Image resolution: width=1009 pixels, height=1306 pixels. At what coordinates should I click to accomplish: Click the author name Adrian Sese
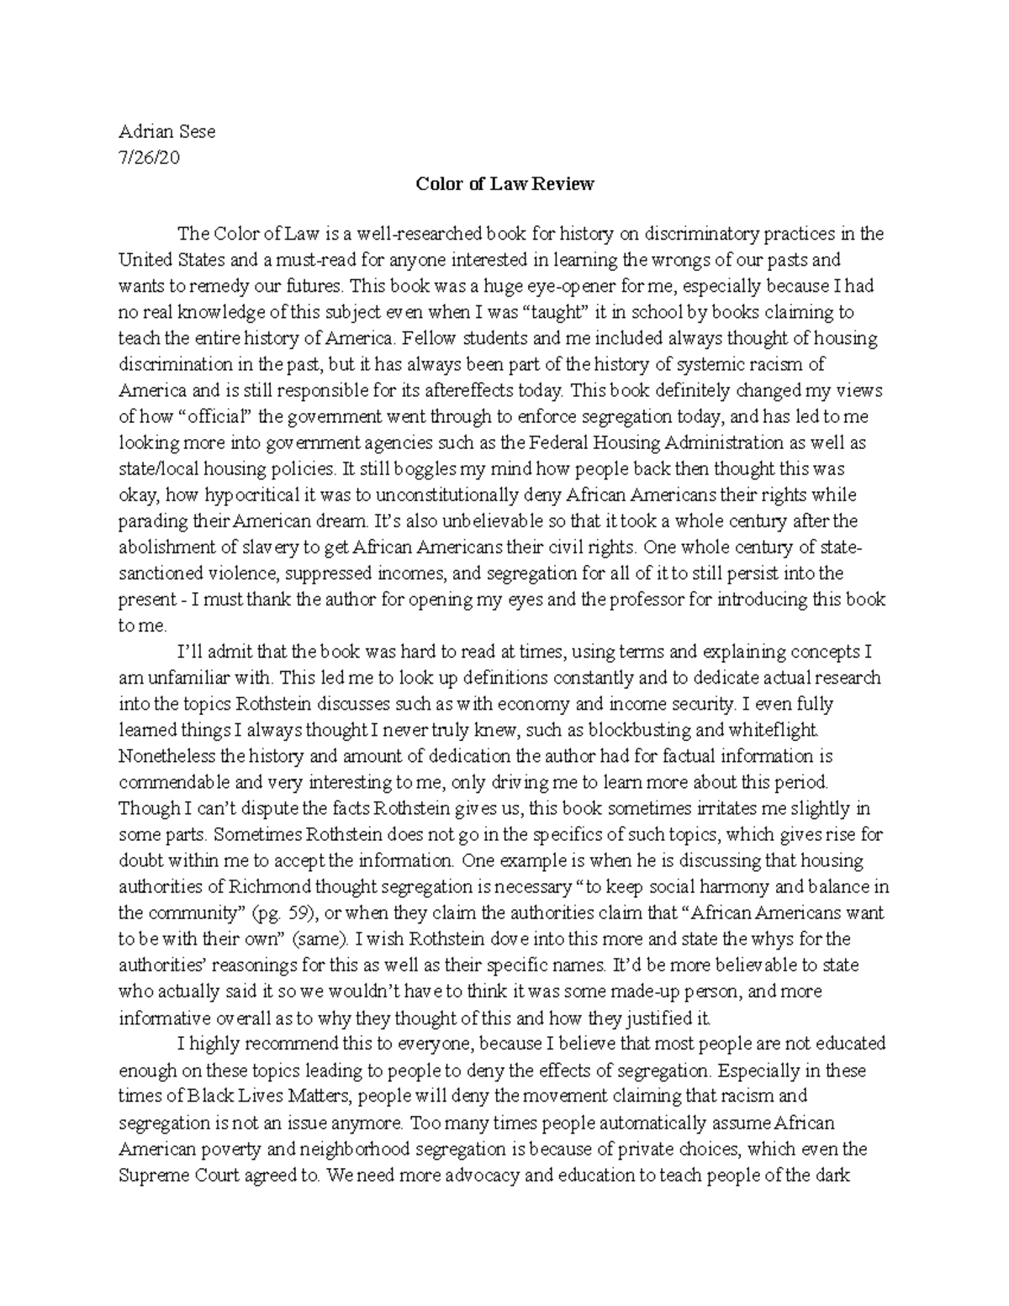pyautogui.click(x=167, y=131)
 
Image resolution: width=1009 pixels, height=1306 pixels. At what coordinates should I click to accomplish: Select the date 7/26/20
pyautogui.click(x=150, y=157)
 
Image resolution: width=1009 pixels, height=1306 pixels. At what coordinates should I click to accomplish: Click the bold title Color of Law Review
pyautogui.click(x=504, y=183)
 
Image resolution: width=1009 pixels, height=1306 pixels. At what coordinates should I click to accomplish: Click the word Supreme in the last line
pyautogui.click(x=154, y=1175)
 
